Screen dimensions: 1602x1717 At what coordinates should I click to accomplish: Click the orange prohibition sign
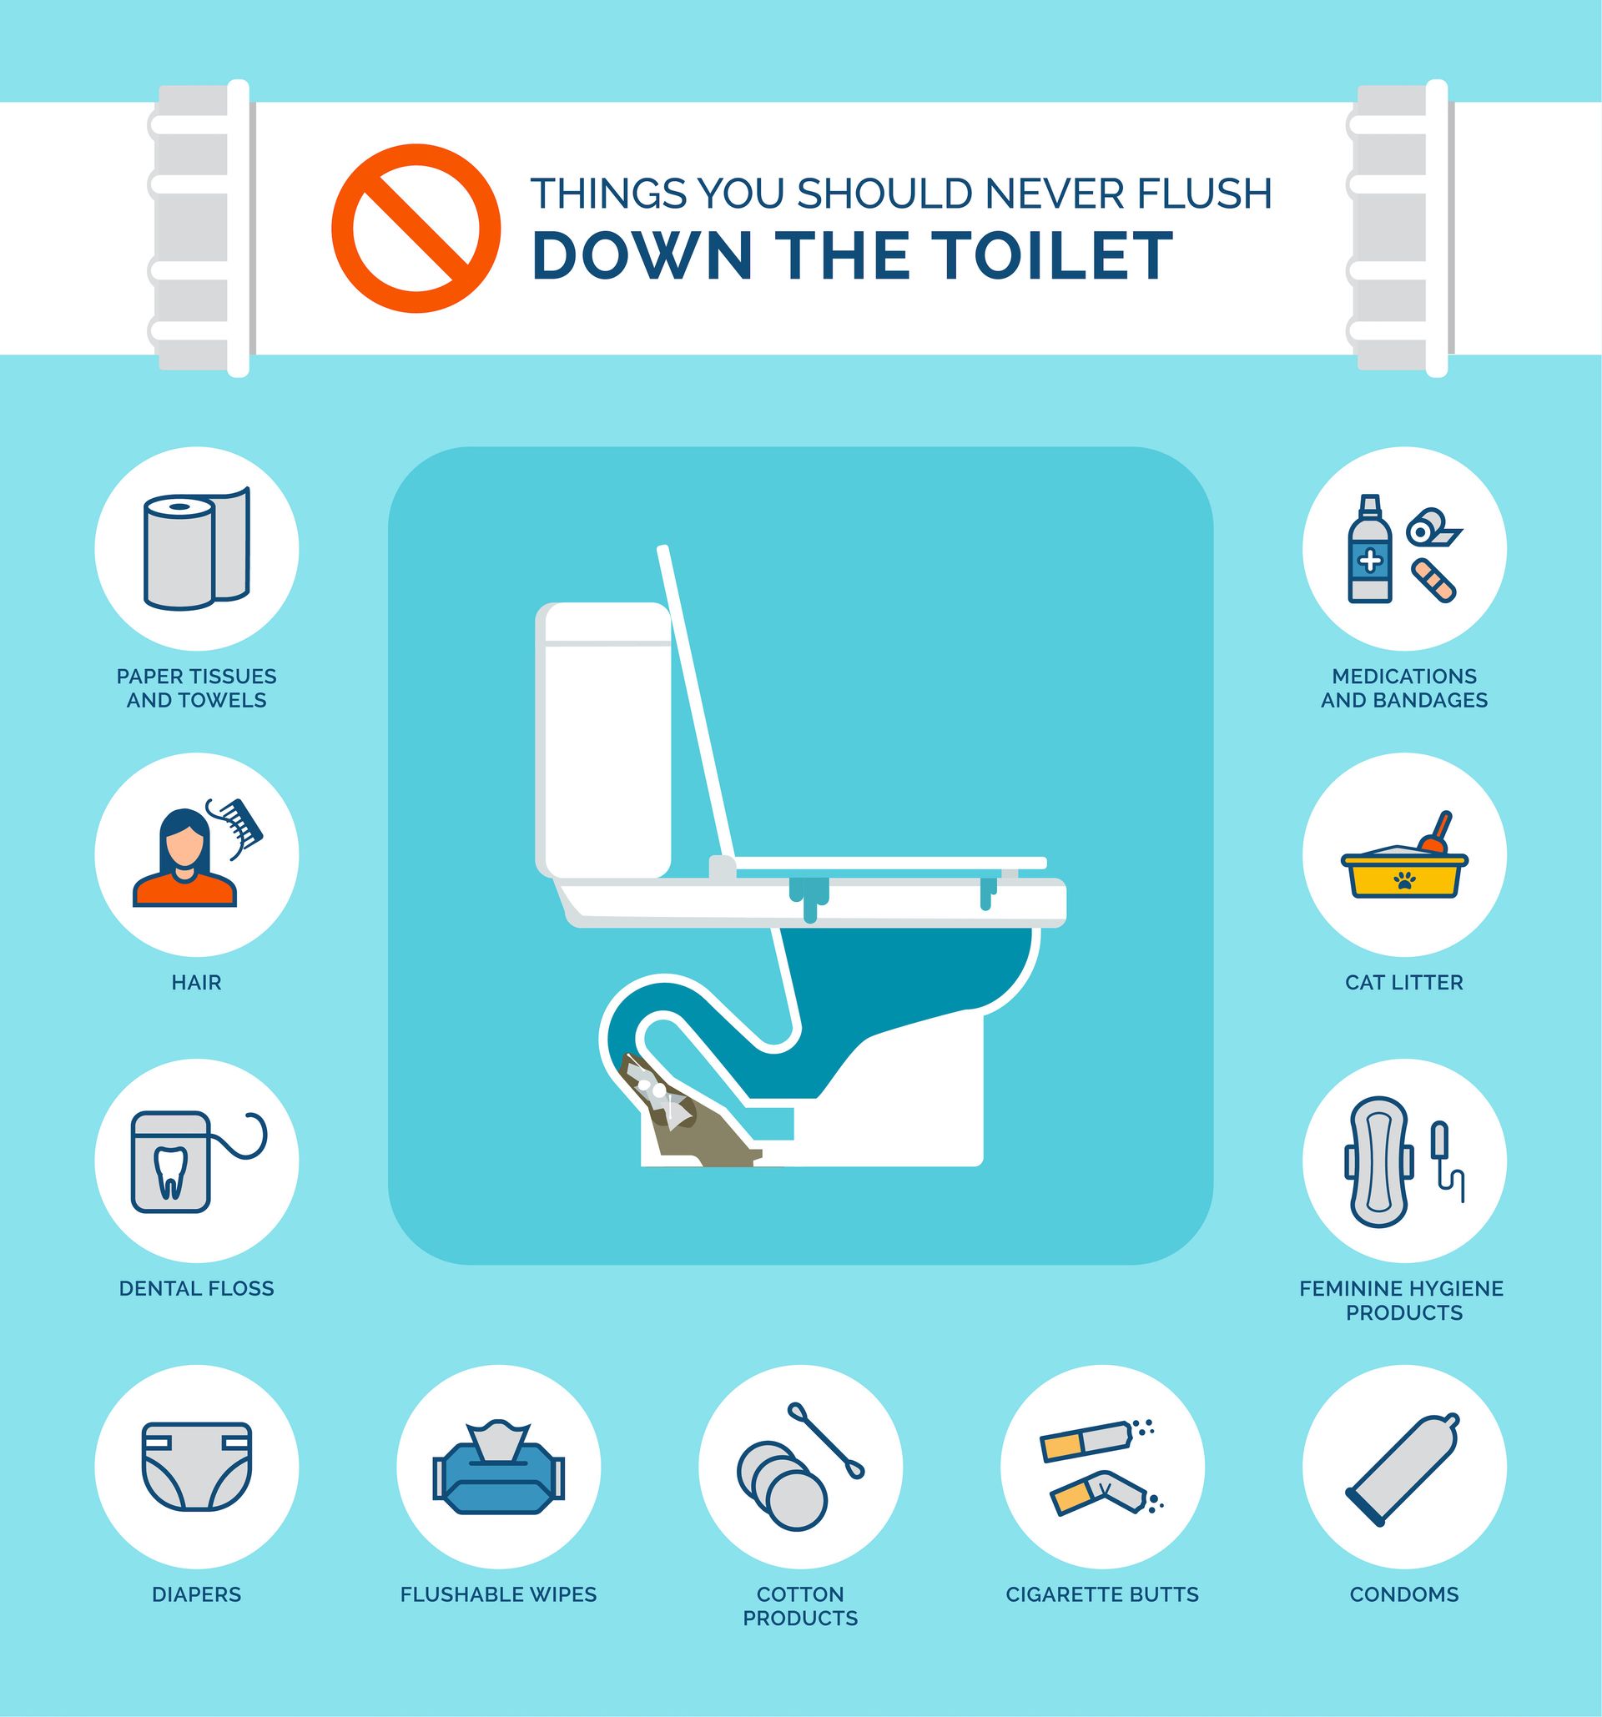416,228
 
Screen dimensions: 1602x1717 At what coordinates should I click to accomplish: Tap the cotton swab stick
825,1441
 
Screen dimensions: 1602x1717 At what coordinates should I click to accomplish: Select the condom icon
1403,1468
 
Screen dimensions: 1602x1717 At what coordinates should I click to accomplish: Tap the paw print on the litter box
1405,880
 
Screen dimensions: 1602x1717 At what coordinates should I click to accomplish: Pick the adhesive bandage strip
1434,581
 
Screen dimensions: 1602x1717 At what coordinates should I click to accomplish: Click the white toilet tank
603,739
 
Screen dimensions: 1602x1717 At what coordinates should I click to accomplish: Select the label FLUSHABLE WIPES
498,1594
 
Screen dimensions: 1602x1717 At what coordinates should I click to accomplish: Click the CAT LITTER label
1404,982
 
